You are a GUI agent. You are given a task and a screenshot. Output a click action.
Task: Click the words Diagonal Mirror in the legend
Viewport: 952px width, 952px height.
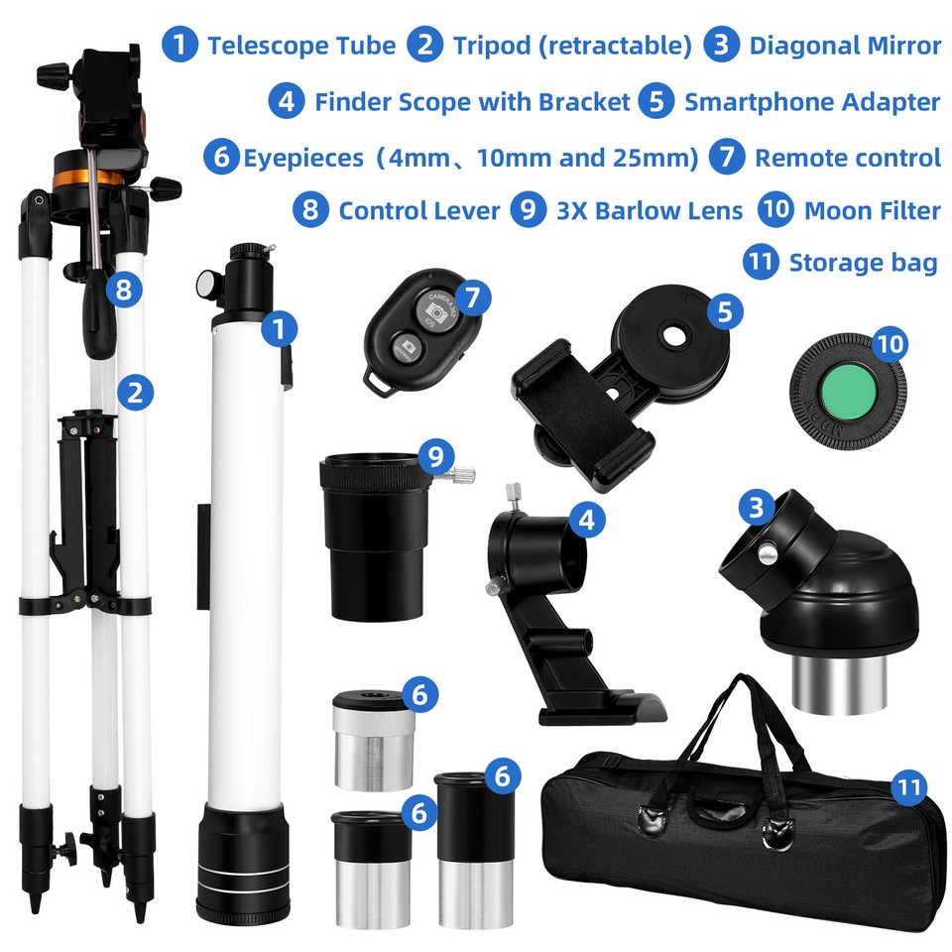pyautogui.click(x=845, y=46)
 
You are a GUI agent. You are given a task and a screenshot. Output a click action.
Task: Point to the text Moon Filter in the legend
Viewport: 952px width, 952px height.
pyautogui.click(x=872, y=211)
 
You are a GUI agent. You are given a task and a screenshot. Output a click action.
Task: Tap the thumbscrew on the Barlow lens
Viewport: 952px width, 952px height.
pyautogui.click(x=462, y=473)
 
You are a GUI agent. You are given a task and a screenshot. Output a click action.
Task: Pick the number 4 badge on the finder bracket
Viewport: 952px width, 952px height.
pyautogui.click(x=586, y=519)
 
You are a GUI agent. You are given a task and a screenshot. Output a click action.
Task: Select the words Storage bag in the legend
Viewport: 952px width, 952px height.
pyautogui.click(x=863, y=263)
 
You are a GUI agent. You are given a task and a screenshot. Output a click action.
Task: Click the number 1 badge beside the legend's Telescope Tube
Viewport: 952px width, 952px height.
pyautogui.click(x=179, y=46)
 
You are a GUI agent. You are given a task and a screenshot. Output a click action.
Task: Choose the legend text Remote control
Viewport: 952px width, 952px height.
pyautogui.click(x=847, y=158)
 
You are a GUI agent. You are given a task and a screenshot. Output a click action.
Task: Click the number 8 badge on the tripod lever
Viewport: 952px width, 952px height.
pyautogui.click(x=124, y=290)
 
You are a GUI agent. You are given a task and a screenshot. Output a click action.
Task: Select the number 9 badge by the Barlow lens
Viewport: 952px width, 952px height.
pyautogui.click(x=434, y=456)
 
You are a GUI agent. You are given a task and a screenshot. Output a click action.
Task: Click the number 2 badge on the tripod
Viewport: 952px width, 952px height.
pyautogui.click(x=135, y=392)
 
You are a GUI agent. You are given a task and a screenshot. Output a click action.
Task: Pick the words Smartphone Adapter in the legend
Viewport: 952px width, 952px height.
pyautogui.click(x=811, y=101)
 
